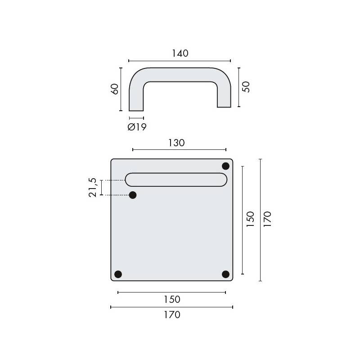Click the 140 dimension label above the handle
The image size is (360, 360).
[180, 53]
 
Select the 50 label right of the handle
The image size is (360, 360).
[246, 87]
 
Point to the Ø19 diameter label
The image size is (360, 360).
[137, 127]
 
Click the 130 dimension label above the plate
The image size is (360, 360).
[176, 143]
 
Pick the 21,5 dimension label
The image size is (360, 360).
[93, 187]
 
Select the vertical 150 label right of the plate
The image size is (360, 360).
[251, 219]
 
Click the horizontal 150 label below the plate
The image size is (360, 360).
[171, 299]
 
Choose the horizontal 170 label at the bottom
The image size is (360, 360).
[171, 315]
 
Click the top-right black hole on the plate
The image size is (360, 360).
[225, 166]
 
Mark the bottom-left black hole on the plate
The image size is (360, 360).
[118, 274]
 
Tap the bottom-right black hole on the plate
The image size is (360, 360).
[225, 274]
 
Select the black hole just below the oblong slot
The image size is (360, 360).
[133, 195]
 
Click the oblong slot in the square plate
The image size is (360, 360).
[176, 179]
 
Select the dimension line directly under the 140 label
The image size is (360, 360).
[180, 60]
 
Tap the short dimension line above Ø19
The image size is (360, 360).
[136, 118]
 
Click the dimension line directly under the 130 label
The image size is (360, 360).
[179, 150]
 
